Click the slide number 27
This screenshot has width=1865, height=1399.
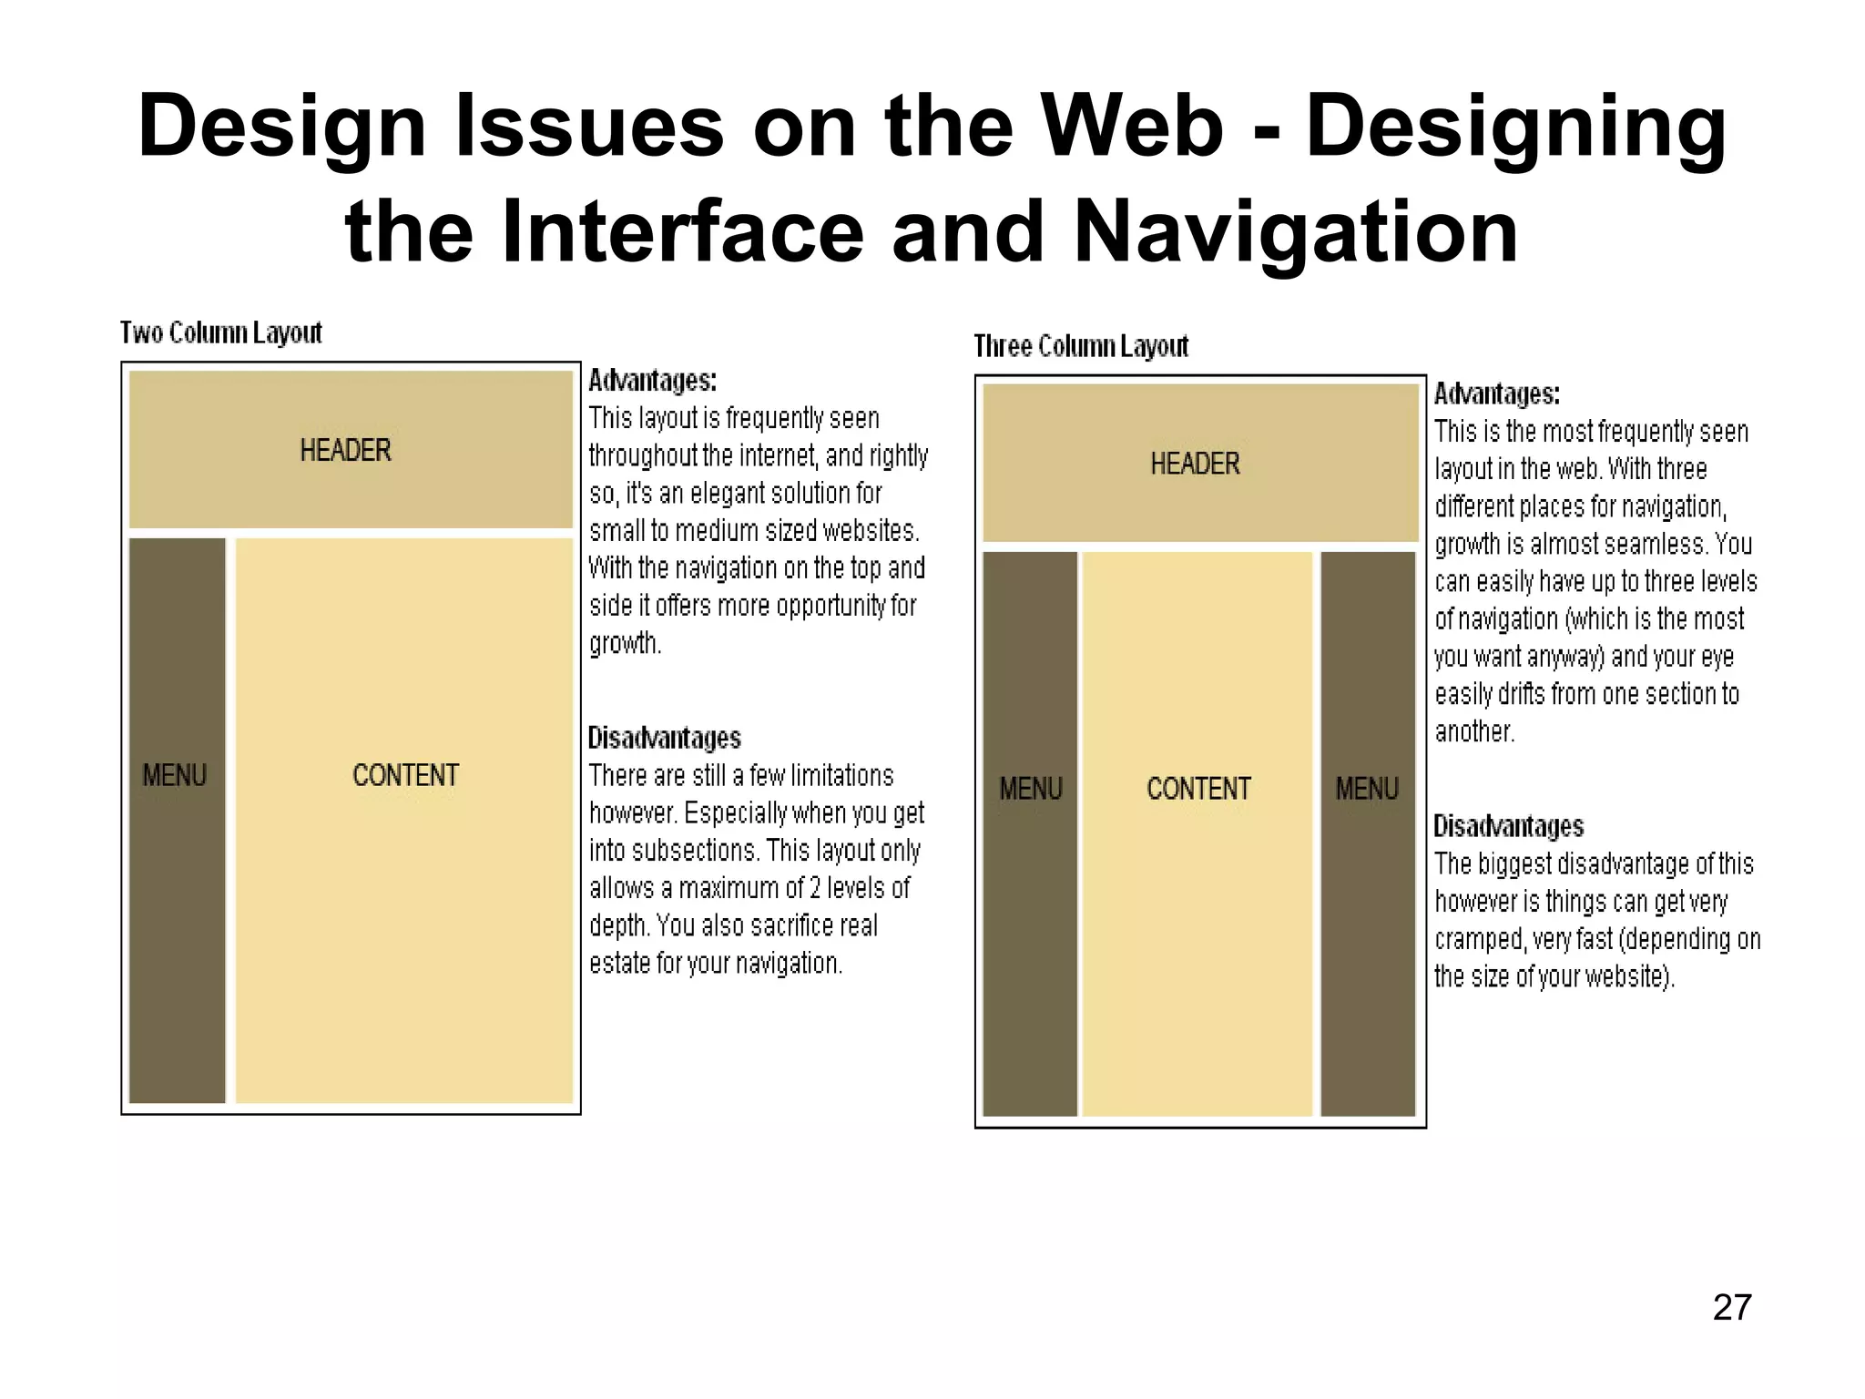click(1731, 1307)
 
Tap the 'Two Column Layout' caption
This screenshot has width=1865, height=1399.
click(221, 333)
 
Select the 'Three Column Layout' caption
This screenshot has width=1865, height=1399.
click(1081, 347)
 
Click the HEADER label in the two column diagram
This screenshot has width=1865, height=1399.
click(345, 450)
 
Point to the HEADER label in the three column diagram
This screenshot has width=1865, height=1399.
click(1195, 464)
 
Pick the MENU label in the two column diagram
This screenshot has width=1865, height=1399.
click(175, 775)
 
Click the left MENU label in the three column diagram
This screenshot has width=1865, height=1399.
click(1031, 789)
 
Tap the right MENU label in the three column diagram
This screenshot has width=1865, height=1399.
click(1367, 789)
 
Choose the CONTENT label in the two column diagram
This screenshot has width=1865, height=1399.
click(405, 775)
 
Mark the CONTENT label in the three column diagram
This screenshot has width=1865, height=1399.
click(1198, 789)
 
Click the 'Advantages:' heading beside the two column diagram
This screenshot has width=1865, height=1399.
click(652, 380)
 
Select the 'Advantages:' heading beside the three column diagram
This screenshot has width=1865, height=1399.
click(1497, 394)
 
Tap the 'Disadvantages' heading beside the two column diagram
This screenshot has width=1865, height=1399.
click(664, 738)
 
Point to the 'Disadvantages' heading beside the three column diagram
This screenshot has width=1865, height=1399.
click(1509, 826)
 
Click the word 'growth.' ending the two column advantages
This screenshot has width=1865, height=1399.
click(625, 643)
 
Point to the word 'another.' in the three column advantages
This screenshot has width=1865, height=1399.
click(1474, 731)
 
